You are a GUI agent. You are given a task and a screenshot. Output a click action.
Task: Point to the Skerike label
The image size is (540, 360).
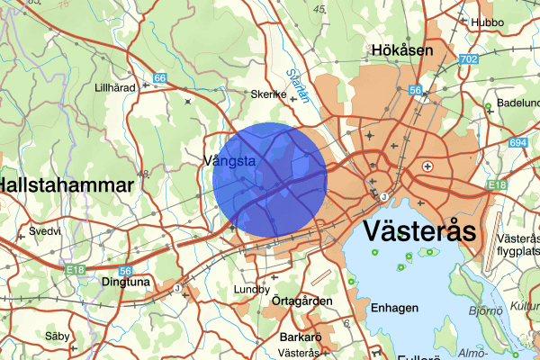tap(268, 94)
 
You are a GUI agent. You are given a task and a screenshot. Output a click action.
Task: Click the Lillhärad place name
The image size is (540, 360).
tap(115, 88)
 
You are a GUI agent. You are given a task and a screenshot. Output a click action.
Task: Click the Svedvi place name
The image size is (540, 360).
tap(44, 230)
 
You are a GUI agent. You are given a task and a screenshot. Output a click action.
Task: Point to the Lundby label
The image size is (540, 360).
tap(251, 290)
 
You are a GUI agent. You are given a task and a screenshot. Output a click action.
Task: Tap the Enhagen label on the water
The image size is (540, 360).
tap(395, 309)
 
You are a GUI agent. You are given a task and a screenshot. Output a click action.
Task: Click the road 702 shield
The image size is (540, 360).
tap(467, 59)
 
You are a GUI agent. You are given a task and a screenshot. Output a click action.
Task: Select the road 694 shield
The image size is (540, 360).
tap(517, 143)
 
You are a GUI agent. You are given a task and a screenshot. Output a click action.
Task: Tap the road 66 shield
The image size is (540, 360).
tap(159, 79)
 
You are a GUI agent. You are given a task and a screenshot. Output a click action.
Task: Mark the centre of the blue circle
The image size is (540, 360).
tap(270, 180)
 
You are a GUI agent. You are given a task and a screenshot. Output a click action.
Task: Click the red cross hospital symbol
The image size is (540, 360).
tap(428, 166)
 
